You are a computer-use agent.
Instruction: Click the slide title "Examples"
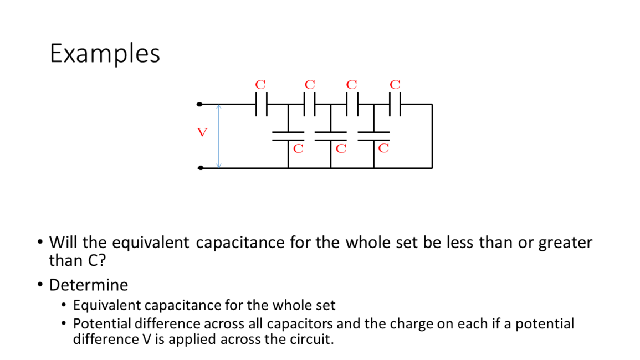pyautogui.click(x=105, y=54)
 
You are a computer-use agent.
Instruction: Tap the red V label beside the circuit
pyautogui.click(x=202, y=132)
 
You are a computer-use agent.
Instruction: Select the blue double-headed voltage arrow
pyautogui.click(x=219, y=136)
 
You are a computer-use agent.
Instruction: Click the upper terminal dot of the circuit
pyautogui.click(x=200, y=104)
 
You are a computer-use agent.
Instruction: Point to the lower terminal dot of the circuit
pyautogui.click(x=200, y=167)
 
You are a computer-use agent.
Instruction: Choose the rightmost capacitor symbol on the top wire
pyautogui.click(x=395, y=104)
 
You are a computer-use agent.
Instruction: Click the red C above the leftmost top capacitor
pyautogui.click(x=260, y=85)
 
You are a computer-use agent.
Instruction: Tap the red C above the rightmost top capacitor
pyautogui.click(x=395, y=85)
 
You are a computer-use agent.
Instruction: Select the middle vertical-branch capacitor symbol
pyautogui.click(x=330, y=136)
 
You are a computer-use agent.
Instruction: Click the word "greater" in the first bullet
pyautogui.click(x=565, y=243)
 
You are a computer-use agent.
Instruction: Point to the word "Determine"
pyautogui.click(x=89, y=285)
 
